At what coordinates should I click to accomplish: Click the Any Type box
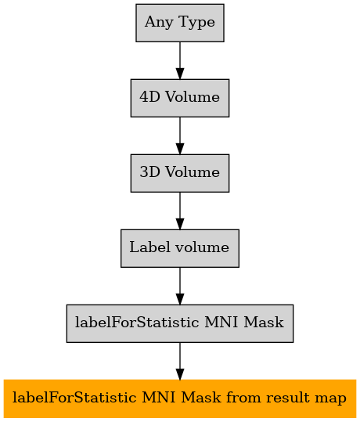click(x=180, y=23)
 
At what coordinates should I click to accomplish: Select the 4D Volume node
click(x=180, y=98)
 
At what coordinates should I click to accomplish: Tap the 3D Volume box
click(x=180, y=173)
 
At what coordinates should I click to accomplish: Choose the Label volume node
click(x=180, y=248)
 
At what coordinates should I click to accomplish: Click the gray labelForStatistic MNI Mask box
click(x=180, y=323)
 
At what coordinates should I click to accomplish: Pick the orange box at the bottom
click(x=180, y=399)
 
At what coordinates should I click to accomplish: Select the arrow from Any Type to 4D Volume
click(x=180, y=60)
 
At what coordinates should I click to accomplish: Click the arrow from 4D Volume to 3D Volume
click(x=180, y=135)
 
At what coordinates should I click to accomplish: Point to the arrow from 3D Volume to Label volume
click(x=180, y=211)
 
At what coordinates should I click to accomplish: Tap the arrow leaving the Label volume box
click(x=180, y=286)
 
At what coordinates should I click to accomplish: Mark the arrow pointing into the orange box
click(x=180, y=361)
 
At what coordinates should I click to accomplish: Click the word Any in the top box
click(x=159, y=23)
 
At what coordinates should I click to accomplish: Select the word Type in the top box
click(x=196, y=23)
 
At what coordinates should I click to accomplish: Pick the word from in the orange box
click(x=243, y=398)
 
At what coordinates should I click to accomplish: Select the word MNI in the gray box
click(x=221, y=322)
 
